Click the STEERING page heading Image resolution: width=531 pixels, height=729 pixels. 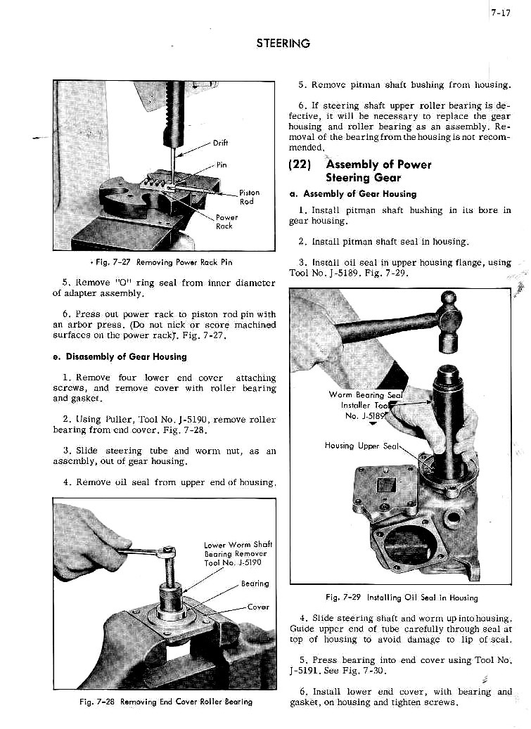tap(283, 44)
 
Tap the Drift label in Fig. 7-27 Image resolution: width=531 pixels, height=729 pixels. tap(220, 143)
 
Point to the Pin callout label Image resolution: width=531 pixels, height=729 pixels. tap(222, 166)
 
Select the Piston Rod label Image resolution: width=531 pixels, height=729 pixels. tap(249, 197)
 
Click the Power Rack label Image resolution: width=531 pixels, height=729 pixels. tap(225, 221)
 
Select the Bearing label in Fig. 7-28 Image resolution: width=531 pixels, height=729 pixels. tap(255, 583)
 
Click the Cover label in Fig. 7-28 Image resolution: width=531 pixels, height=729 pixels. tap(257, 607)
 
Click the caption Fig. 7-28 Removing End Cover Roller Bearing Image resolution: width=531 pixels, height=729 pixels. tap(165, 701)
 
